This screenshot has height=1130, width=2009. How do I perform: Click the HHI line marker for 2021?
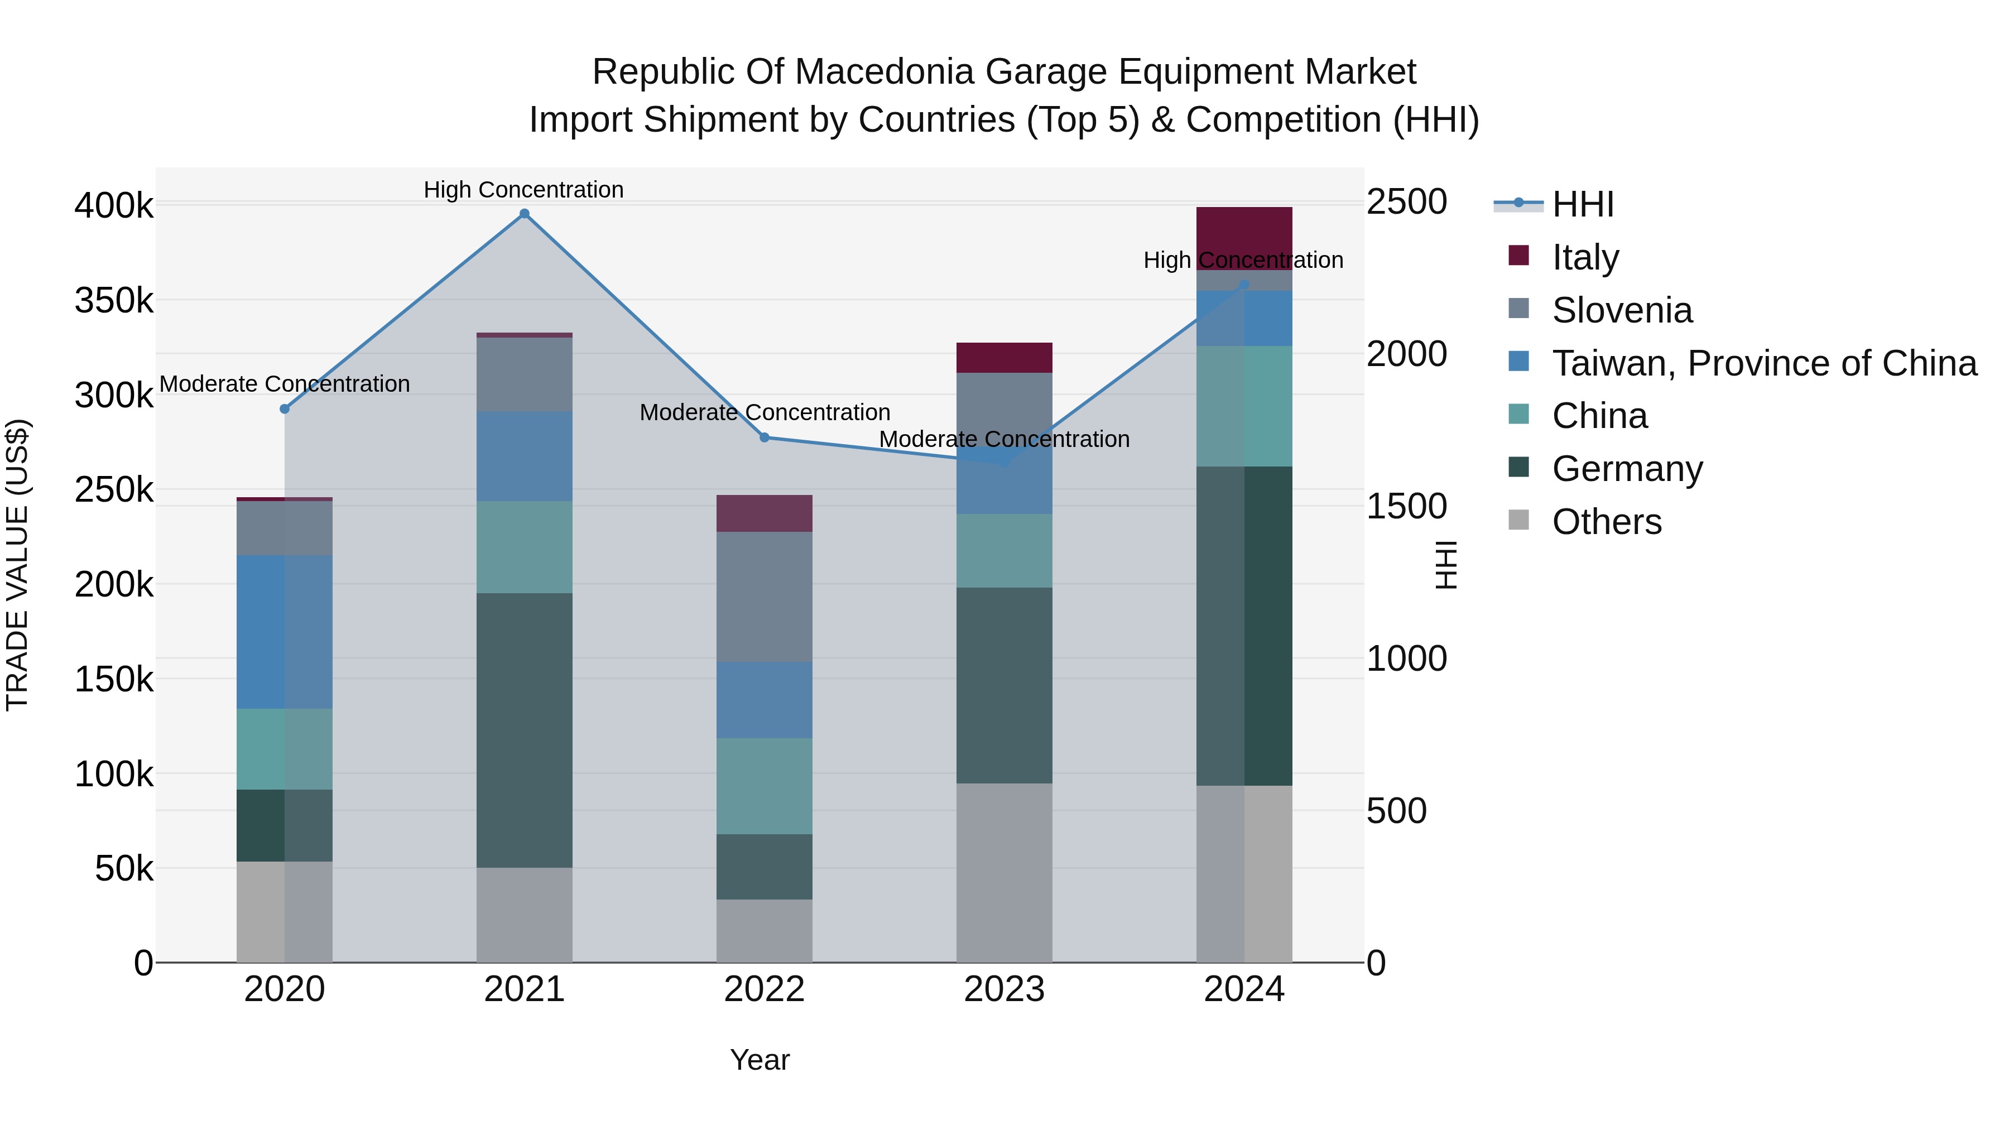pos(524,214)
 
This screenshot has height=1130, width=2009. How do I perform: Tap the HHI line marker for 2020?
pos(285,408)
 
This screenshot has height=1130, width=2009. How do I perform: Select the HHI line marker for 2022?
pos(765,437)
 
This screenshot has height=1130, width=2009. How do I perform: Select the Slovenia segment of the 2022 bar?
pos(765,597)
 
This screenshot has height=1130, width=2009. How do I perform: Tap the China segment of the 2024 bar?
pos(1244,406)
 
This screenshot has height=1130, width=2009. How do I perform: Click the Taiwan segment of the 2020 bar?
pos(285,632)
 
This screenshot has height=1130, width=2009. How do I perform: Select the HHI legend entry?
pos(1583,204)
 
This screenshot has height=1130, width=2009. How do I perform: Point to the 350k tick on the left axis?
pos(114,300)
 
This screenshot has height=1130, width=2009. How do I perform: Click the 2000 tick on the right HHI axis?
pos(1407,354)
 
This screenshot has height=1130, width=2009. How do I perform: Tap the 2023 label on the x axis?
pos(1004,989)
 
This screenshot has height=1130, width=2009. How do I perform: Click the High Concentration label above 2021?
pos(523,190)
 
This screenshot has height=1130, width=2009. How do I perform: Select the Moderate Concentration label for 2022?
pos(765,412)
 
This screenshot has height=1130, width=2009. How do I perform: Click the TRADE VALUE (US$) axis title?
pos(17,565)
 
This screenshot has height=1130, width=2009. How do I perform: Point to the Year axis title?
pos(760,1060)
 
